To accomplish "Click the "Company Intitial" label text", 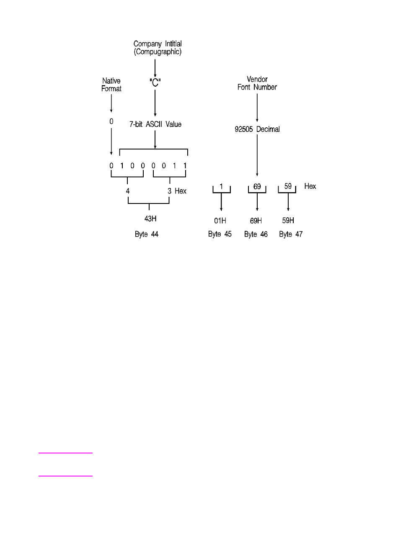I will pyautogui.click(x=158, y=44).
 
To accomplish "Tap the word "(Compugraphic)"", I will pyautogui.click(x=158, y=52).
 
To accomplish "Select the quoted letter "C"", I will pyautogui.click(x=155, y=82).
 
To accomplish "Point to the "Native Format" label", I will pyautogui.click(x=111, y=85).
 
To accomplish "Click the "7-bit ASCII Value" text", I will pyautogui.click(x=155, y=124).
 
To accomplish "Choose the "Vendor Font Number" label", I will pyautogui.click(x=257, y=83).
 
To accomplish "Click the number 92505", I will pyautogui.click(x=243, y=129).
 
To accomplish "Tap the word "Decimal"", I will pyautogui.click(x=268, y=129).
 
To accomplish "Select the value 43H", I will pyautogui.click(x=150, y=219).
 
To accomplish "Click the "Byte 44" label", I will pyautogui.click(x=147, y=234).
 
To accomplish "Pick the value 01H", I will pyautogui.click(x=220, y=221).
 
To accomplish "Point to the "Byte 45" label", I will pyautogui.click(x=220, y=234).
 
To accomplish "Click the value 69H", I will pyautogui.click(x=256, y=221).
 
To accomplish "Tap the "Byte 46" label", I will pyautogui.click(x=256, y=234).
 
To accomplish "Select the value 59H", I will pyautogui.click(x=288, y=221).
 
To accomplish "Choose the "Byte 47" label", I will pyautogui.click(x=291, y=234).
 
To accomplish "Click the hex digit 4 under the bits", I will pyautogui.click(x=128, y=191).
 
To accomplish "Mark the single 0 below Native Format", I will pyautogui.click(x=111, y=121).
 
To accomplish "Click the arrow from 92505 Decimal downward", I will pyautogui.click(x=257, y=155).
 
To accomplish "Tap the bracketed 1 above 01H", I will pyautogui.click(x=221, y=186).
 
